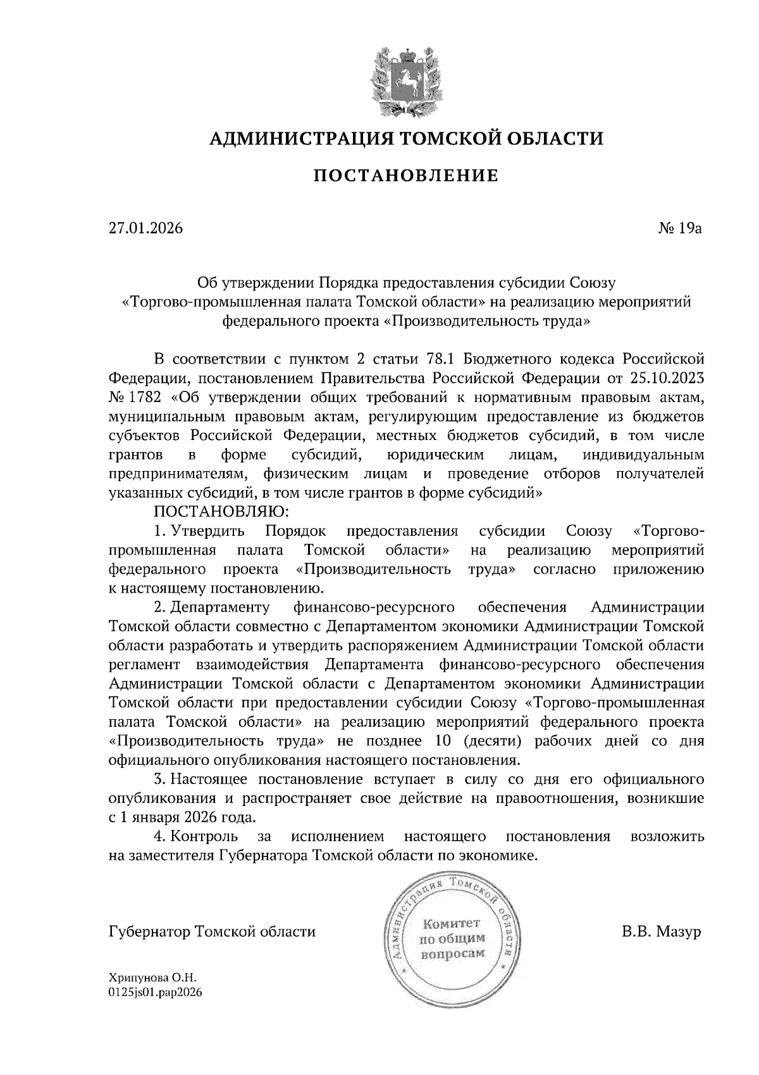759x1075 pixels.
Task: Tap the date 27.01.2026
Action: (x=145, y=228)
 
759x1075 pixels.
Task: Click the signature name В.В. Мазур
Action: (x=662, y=932)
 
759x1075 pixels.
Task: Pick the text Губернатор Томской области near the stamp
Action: (x=212, y=932)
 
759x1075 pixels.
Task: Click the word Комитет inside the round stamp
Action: (x=452, y=924)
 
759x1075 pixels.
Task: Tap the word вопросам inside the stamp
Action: (x=453, y=953)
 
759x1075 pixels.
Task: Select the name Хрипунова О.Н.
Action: (x=149, y=978)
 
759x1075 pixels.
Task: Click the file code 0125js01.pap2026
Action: (x=155, y=993)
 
